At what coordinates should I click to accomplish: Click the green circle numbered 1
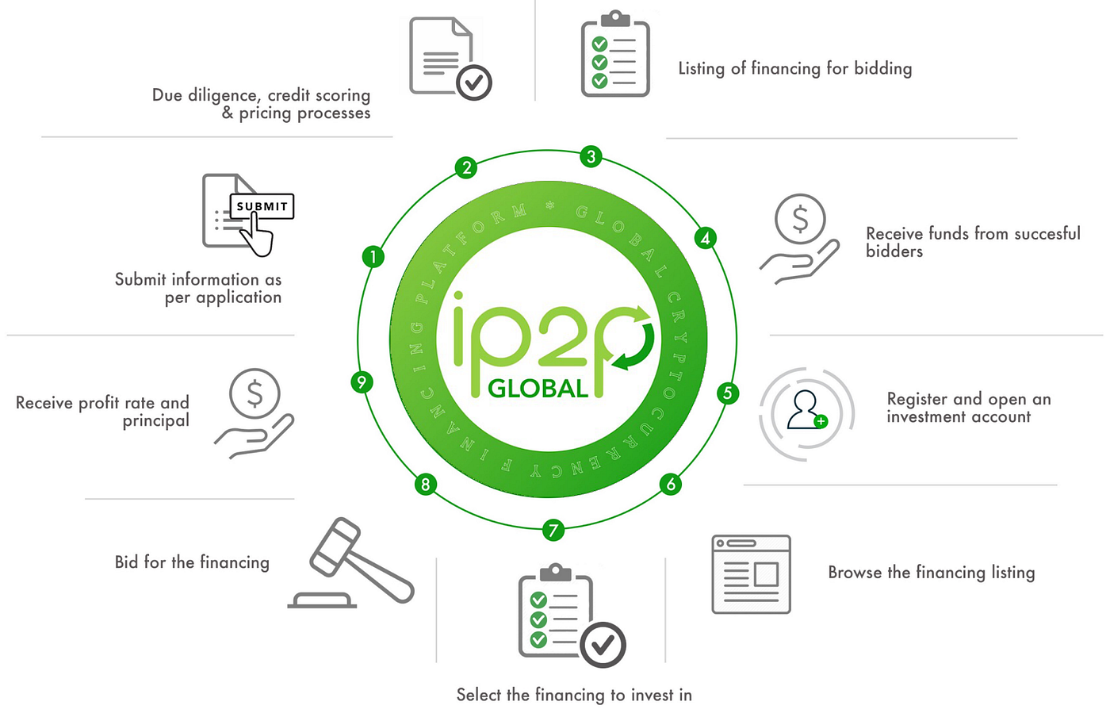373,256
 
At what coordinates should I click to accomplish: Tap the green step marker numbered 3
590,156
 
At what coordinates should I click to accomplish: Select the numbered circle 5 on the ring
727,393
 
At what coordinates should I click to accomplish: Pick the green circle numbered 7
553,529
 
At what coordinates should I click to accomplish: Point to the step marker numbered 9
362,382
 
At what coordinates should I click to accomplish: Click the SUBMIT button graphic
262,206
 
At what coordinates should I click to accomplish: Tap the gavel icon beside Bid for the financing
353,563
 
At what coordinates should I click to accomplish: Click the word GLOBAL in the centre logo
538,389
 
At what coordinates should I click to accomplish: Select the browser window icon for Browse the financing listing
751,574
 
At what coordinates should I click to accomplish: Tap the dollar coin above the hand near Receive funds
800,218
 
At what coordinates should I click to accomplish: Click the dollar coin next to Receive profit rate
255,393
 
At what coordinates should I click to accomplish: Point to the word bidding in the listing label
882,69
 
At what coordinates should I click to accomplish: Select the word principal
156,421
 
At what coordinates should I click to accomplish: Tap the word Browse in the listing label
855,573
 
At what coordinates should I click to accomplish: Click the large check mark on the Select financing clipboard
603,645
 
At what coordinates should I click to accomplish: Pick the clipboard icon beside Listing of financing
615,56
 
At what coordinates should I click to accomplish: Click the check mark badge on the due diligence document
474,82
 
